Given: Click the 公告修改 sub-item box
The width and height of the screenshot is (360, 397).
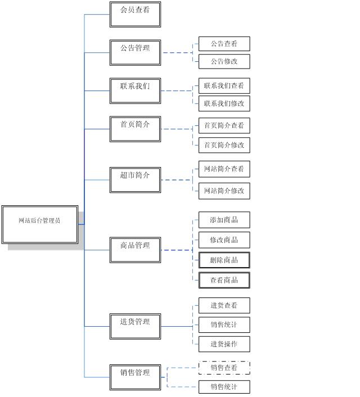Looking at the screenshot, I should pos(224,61).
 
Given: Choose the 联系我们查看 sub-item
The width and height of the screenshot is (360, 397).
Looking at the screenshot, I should pos(224,86).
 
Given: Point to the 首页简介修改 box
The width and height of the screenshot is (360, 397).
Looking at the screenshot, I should pos(224,145).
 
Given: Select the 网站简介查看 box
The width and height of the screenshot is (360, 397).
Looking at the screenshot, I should pos(224,169).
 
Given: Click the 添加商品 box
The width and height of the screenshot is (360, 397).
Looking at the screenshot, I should pos(224,220).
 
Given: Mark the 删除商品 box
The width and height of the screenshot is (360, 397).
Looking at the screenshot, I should pos(224,260).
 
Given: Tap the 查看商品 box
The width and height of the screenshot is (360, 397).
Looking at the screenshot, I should pos(224,280).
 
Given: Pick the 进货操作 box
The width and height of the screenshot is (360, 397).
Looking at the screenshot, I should pos(224,344).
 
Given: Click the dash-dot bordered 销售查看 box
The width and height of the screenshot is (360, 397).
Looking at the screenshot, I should pos(224,368).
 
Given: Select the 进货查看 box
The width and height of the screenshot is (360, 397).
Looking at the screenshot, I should pos(224,305).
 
